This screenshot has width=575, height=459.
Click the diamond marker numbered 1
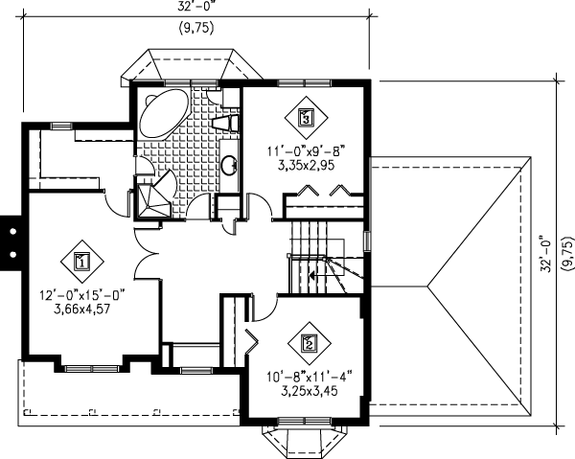pos(81,261)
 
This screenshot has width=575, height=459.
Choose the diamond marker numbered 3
pos(305,119)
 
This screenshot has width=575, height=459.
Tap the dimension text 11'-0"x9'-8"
pos(305,149)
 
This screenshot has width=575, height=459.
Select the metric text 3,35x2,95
pos(305,165)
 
